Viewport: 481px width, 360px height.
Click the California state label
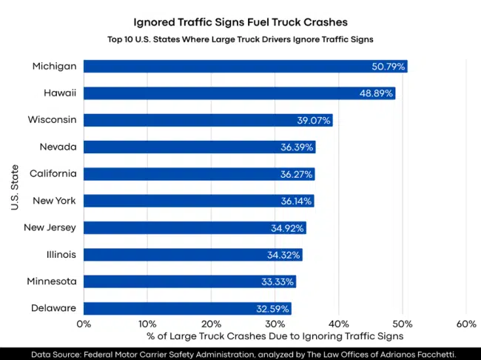53,173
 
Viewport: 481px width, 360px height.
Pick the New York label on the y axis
55,201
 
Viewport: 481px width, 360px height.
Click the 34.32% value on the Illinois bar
283,255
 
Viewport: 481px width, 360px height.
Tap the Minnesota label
53,281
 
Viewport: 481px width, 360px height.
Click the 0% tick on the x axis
84,324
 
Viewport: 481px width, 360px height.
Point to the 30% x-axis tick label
275,324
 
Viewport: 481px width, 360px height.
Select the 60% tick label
466,324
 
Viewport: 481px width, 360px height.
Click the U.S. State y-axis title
15,187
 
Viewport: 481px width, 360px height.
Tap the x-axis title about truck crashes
275,338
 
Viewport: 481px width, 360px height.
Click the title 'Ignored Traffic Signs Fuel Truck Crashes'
240,22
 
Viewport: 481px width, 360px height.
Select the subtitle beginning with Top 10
240,39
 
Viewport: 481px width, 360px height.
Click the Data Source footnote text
240,353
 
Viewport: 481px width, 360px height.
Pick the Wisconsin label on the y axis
53,120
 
